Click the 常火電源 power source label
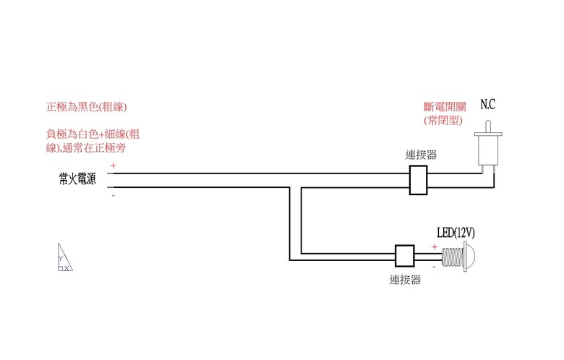(x=77, y=179)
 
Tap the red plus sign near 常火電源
(x=114, y=166)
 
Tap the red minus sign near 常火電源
(x=114, y=195)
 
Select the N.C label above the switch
(x=488, y=105)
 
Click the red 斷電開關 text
(x=445, y=107)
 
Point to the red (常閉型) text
(x=443, y=120)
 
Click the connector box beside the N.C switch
(x=419, y=180)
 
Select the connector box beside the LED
(x=405, y=256)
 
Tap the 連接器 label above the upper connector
(x=421, y=155)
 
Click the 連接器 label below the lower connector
(x=405, y=280)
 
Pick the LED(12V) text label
(x=456, y=233)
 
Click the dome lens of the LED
(x=470, y=257)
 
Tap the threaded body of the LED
(x=453, y=257)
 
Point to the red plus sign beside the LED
(x=434, y=247)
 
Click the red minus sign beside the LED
(x=434, y=267)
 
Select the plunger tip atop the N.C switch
(x=488, y=127)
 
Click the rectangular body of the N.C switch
(x=488, y=150)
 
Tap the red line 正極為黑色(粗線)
(x=86, y=107)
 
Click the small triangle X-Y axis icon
(x=65, y=257)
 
